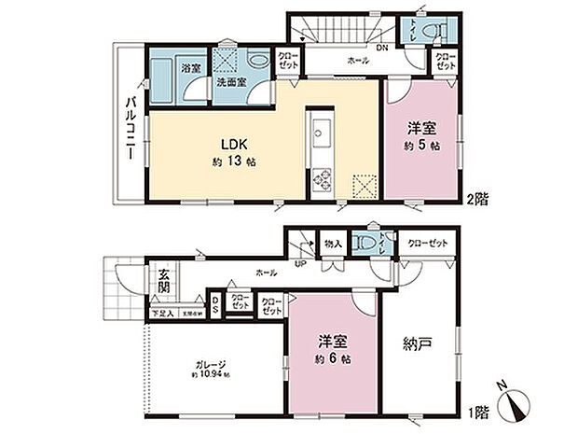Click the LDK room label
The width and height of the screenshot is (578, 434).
[232, 145]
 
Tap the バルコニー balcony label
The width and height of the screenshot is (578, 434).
[126, 129]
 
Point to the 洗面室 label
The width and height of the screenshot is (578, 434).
[232, 82]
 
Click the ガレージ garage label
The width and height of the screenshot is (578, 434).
[210, 364]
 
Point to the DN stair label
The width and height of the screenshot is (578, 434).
[382, 49]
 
